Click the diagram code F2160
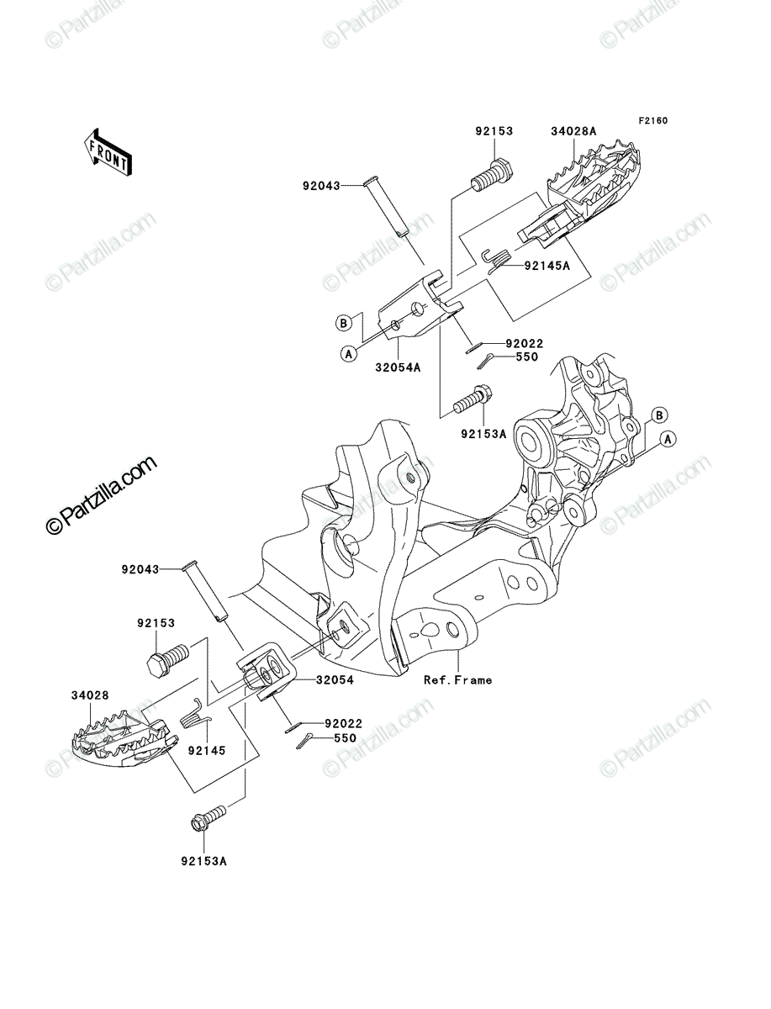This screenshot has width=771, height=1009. click(652, 121)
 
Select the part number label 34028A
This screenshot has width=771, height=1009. click(573, 131)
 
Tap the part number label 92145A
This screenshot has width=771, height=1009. click(547, 266)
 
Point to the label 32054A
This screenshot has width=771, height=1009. click(398, 367)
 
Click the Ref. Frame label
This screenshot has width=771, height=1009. click(457, 680)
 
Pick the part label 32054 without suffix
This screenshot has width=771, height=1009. click(335, 680)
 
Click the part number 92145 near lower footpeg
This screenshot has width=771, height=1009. click(207, 751)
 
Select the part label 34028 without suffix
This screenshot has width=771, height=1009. click(90, 695)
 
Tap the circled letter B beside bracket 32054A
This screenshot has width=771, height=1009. click(343, 323)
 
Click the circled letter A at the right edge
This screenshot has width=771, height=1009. click(668, 440)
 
